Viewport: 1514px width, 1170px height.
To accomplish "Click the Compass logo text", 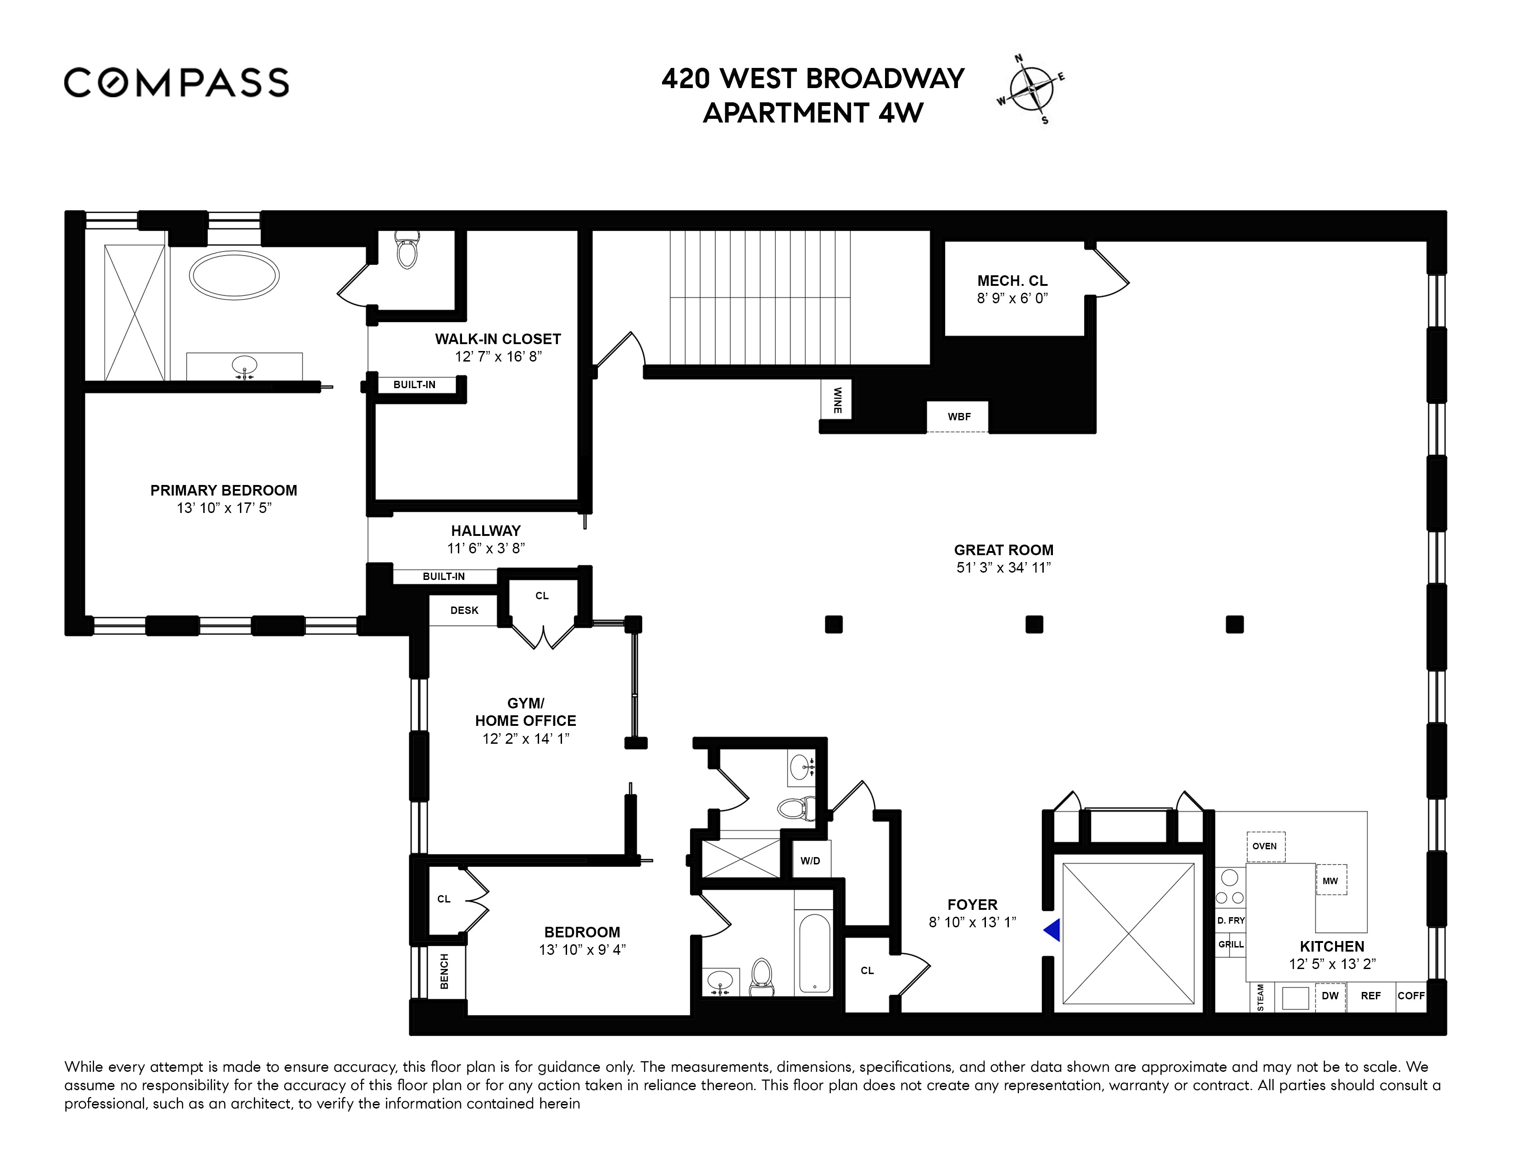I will coord(176,83).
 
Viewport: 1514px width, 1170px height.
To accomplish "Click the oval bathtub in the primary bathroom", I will coord(234,276).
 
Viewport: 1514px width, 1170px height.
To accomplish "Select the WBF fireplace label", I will coord(959,417).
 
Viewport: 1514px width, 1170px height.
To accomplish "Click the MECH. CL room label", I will coord(1012,281).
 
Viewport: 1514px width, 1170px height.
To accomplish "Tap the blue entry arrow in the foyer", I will coord(1053,930).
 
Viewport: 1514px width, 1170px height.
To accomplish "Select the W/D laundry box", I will coord(810,860).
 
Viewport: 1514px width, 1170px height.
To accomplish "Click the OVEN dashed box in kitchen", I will coord(1264,846).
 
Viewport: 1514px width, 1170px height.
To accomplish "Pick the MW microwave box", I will coord(1330,880).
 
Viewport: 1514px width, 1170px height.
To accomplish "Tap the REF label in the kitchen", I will coord(1370,995).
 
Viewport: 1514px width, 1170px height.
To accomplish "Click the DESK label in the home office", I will coord(464,610).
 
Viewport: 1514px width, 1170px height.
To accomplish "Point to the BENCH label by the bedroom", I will coord(445,971).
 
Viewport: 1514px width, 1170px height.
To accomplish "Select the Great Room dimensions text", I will coord(1003,568).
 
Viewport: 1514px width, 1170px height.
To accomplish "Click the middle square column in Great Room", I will coord(1034,624).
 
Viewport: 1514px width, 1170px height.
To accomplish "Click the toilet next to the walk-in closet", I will coord(407,251).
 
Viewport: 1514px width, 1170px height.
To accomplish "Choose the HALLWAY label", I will coord(485,531).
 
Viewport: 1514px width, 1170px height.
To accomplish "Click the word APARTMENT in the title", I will coord(785,113).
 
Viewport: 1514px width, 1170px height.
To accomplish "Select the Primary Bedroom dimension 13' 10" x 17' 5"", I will coord(223,508).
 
